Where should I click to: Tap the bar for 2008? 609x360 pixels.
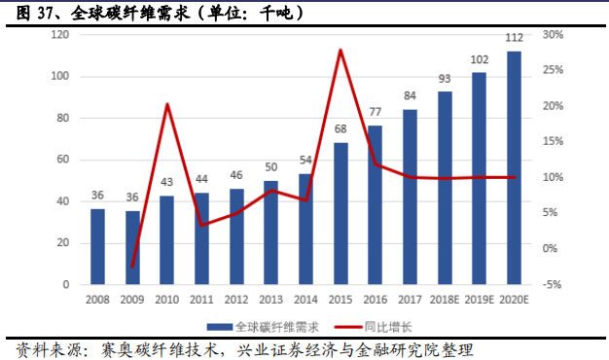97,247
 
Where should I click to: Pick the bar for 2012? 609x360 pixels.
236,236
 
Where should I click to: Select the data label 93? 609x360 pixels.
445,79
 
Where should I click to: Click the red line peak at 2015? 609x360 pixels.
340,50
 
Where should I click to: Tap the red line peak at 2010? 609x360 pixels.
167,103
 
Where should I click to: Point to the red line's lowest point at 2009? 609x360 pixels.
132,266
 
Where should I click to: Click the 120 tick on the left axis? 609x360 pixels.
59,35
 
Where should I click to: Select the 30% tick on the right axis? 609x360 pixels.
553,35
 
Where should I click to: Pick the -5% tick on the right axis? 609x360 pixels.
553,285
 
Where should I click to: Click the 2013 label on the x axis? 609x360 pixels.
271,301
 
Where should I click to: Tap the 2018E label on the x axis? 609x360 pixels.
445,301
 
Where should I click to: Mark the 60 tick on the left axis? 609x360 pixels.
62,160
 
